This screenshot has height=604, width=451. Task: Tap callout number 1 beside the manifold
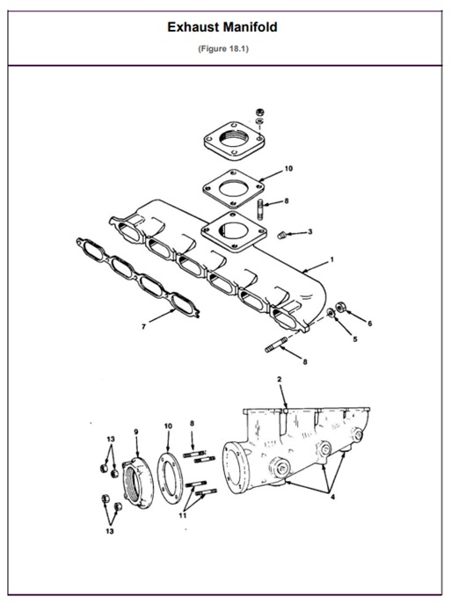pyautogui.click(x=331, y=259)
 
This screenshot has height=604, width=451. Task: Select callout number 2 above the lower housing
pyautogui.click(x=279, y=379)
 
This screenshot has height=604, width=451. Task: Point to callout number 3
pyautogui.click(x=309, y=232)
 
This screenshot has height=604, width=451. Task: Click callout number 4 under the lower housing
pyautogui.click(x=332, y=498)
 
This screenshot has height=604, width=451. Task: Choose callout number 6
pyautogui.click(x=369, y=324)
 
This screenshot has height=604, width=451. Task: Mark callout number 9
pyautogui.click(x=136, y=431)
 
